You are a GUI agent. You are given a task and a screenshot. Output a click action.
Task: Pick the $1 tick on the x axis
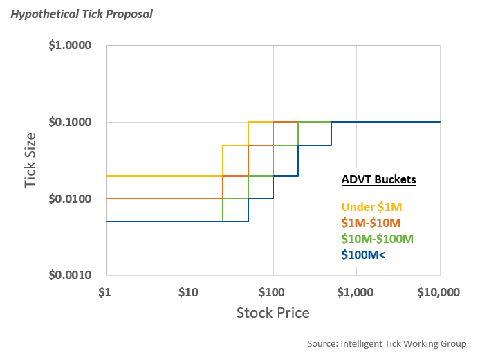click(x=106, y=292)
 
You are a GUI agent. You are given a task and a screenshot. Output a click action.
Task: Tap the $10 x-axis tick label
click(x=189, y=292)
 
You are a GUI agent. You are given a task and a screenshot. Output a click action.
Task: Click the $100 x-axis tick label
click(x=273, y=292)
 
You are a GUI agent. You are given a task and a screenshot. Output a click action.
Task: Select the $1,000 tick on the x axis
click(x=357, y=292)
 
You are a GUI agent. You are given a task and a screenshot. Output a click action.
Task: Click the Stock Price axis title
click(x=273, y=312)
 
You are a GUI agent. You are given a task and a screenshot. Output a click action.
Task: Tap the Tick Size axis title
click(x=30, y=160)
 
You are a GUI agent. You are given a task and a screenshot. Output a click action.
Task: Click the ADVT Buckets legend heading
click(x=378, y=180)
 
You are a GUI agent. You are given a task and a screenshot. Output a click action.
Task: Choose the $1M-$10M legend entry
click(x=371, y=222)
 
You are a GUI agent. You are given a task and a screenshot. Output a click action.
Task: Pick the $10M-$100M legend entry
click(x=378, y=239)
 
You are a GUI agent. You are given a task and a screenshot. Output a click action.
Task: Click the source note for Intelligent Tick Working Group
click(x=387, y=343)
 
